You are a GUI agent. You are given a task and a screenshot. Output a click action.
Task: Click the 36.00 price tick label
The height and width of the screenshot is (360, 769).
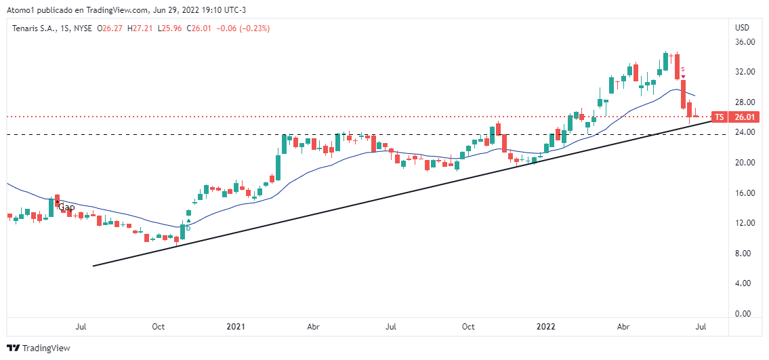click(745, 42)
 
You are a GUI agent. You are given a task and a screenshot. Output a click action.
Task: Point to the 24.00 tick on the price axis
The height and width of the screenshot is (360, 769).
click(745, 132)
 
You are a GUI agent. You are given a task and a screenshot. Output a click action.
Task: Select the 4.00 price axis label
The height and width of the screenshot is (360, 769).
click(745, 283)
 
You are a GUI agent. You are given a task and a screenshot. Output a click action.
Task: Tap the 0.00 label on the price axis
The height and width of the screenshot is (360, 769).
click(745, 314)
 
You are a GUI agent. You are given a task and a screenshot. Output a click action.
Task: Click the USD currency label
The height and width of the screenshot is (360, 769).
click(742, 28)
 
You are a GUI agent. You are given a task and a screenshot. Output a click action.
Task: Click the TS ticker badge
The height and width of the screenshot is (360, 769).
click(720, 117)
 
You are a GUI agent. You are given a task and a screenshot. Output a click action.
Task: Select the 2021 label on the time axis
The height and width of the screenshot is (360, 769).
click(236, 327)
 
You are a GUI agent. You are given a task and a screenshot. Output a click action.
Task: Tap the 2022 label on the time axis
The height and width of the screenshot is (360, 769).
click(545, 327)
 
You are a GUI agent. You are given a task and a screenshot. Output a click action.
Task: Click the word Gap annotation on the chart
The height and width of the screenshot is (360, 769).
click(66, 207)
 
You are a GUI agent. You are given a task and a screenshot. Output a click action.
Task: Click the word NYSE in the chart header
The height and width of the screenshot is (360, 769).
click(81, 28)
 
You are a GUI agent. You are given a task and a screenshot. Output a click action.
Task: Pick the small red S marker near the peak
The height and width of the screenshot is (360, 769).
click(683, 69)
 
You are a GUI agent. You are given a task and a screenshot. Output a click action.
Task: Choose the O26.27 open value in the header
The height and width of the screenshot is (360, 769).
click(110, 28)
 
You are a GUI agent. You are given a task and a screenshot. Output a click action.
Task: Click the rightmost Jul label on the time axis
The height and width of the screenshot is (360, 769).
click(701, 327)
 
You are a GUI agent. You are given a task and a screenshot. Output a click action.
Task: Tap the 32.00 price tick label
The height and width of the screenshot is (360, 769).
click(745, 72)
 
